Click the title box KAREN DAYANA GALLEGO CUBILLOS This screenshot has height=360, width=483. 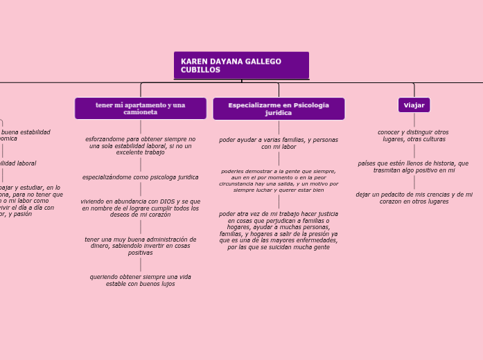tap(241, 65)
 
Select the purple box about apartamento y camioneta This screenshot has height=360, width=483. tap(141, 108)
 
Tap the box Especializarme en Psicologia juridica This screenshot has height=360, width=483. tap(279, 108)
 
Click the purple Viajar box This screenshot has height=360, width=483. tap(414, 105)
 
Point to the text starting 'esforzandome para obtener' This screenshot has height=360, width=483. tap(141, 145)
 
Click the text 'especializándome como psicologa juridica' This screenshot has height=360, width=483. tap(141, 177)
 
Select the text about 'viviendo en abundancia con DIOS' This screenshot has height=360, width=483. tap(141, 208)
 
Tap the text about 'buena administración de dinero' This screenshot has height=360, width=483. tap(141, 246)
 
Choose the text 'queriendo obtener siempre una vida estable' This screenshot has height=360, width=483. tap(141, 280)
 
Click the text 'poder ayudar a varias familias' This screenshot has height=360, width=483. tap(279, 143)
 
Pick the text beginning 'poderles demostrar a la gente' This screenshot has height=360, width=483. tap(279, 180)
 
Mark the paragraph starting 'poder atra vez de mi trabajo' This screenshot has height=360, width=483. tap(279, 230)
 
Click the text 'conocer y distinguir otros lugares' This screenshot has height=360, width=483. tap(414, 136)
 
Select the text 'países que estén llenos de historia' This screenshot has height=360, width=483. tap(414, 166)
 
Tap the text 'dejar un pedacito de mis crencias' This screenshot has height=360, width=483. tap(414, 197)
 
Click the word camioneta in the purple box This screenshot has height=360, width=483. tap(141, 112)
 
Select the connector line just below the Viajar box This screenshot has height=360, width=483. tap(414, 120)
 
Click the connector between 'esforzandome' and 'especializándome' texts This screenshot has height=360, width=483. tap(141, 164)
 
